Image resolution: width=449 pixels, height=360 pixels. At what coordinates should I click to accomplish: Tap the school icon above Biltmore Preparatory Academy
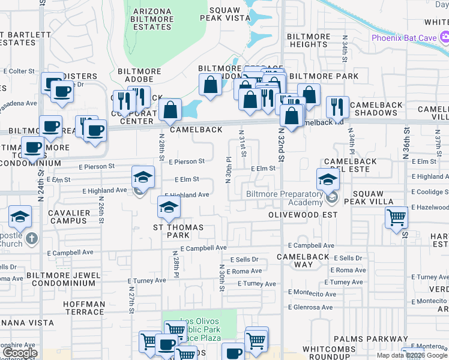pyautogui.click(x=328, y=179)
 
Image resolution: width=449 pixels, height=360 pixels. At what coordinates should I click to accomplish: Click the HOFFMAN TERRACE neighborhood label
pyautogui.click(x=84, y=308)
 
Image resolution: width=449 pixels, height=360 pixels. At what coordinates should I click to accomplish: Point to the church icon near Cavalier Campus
pyautogui.click(x=32, y=239)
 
